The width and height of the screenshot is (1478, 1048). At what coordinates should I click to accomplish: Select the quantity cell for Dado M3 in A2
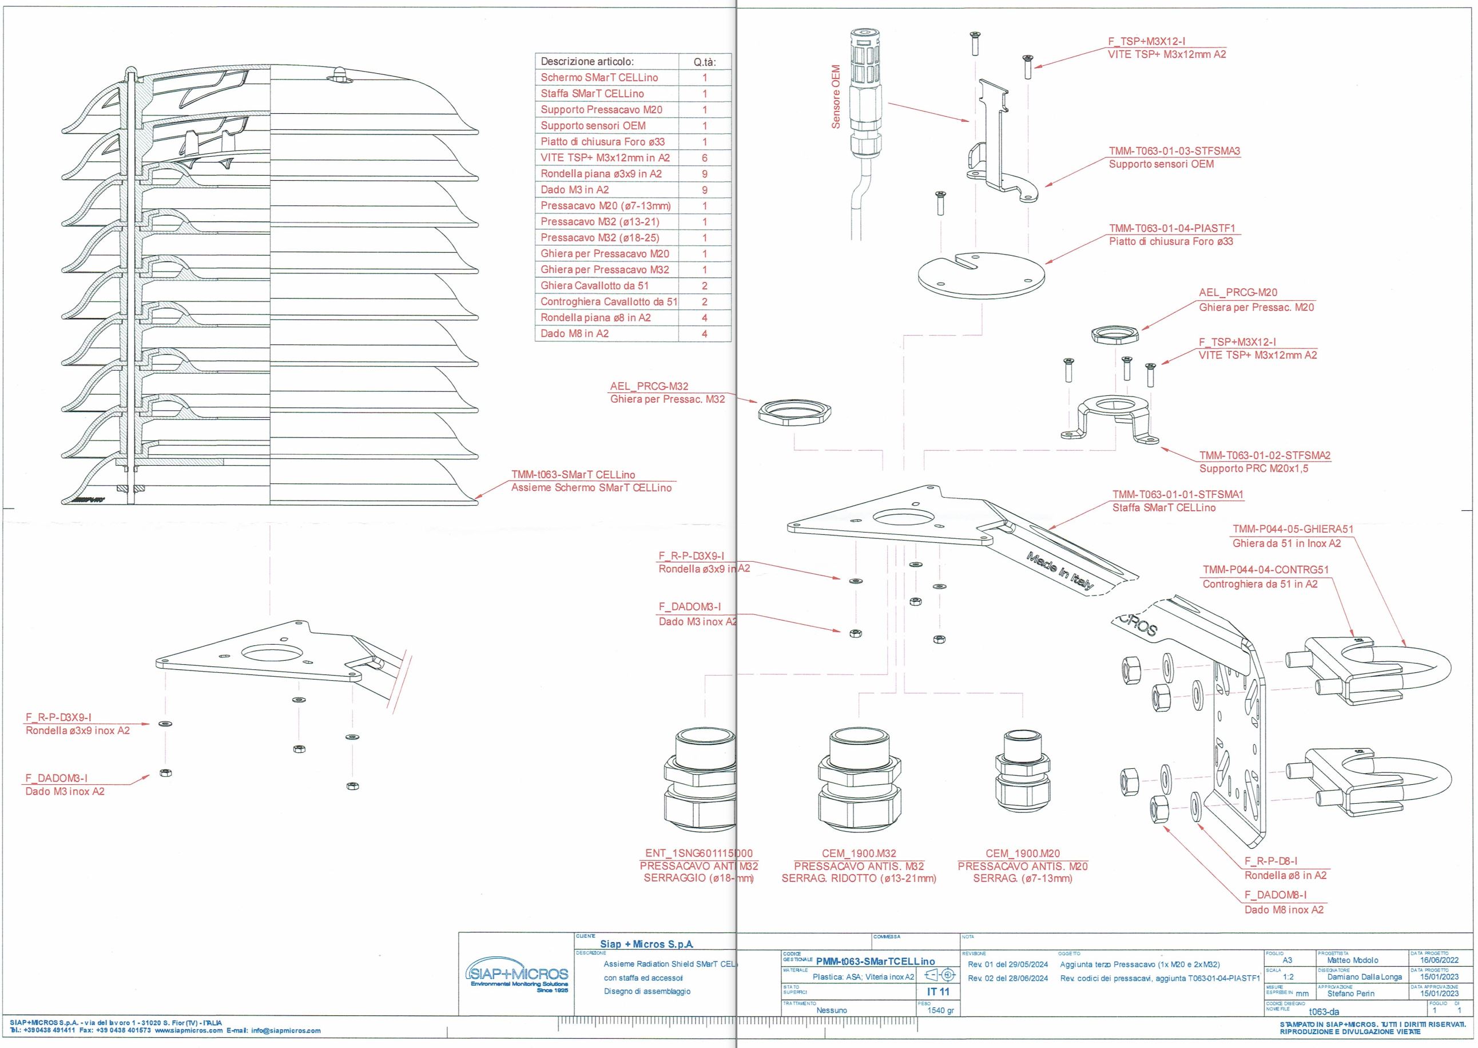coord(704,190)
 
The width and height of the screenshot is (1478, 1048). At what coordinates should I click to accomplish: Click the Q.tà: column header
coord(704,62)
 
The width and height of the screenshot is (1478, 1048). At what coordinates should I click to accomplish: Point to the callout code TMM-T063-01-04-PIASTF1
coord(1171,228)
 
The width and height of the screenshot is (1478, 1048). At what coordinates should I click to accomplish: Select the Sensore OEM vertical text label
coord(836,97)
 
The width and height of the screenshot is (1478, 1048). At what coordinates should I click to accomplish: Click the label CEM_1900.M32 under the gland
coord(859,853)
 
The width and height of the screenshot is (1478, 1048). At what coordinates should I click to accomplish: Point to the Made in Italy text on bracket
coord(1059,571)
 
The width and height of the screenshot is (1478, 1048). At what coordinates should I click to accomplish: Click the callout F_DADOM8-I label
coord(1276,895)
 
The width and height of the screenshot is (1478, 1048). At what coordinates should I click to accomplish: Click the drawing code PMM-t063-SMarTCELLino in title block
coord(875,962)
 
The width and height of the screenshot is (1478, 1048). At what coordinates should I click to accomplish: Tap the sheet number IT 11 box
coord(938,991)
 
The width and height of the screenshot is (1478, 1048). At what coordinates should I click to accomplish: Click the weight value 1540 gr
coord(940,1010)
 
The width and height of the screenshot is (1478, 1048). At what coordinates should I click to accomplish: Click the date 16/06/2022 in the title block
coord(1439,960)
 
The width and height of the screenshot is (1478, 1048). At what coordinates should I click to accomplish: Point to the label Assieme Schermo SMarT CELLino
coord(591,488)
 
